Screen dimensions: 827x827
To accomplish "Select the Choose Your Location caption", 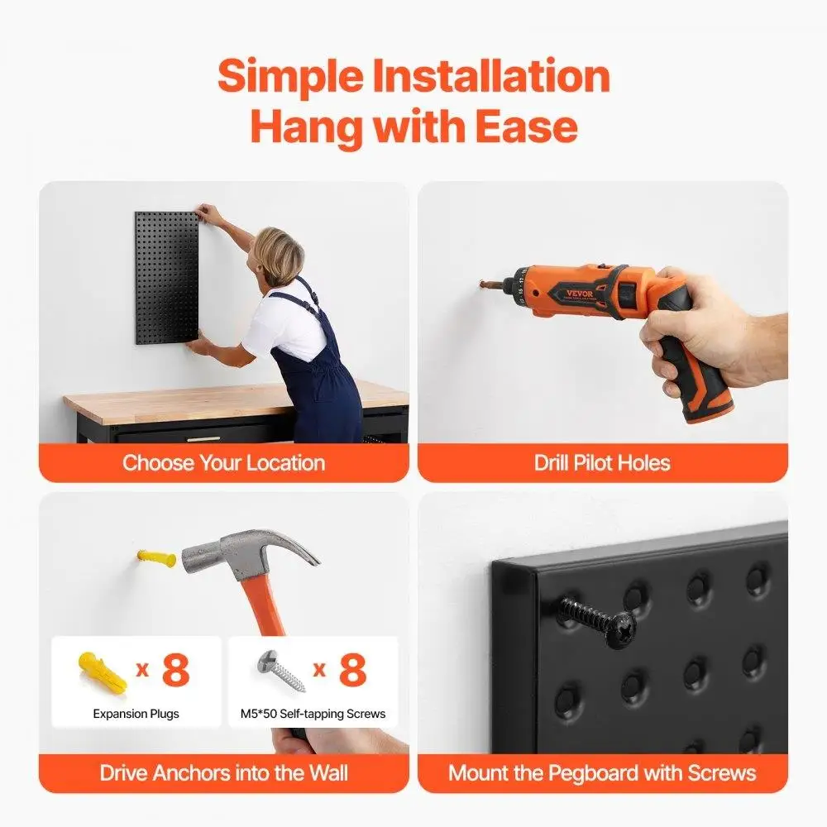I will pos(223,462).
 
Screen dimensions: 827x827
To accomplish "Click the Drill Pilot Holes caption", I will pos(602,462).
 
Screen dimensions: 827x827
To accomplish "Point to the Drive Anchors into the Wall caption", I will pos(223,773).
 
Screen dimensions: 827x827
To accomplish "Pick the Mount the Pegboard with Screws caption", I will pos(602,773).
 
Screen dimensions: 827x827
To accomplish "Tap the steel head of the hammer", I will pos(240,552).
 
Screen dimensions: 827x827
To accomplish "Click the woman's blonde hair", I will pos(280,251).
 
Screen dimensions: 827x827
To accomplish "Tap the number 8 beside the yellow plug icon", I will pos(175,670).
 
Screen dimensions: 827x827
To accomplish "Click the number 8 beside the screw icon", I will pos(352,670).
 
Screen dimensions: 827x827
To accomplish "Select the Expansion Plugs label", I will pos(136,713).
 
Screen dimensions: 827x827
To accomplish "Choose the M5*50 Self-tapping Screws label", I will pos(313,713).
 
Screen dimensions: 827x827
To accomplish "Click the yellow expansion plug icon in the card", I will pos(102,670).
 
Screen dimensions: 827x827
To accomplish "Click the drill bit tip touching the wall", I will pos(482,287).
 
